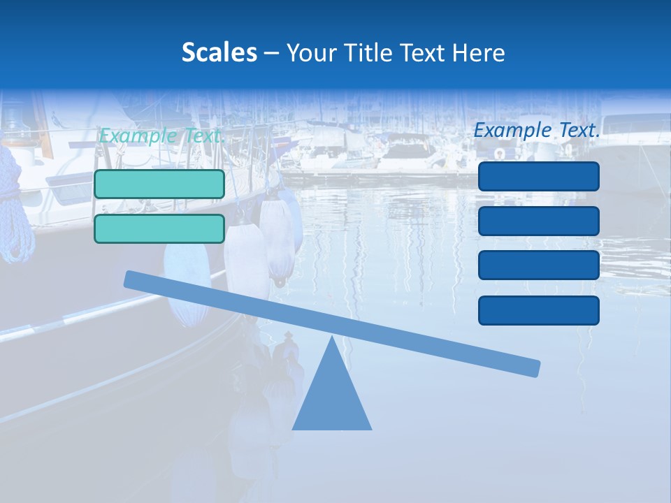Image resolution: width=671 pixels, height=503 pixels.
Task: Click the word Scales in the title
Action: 219,52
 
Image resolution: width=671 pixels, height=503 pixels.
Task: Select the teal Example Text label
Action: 160,136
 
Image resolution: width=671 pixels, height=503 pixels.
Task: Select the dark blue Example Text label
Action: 537,130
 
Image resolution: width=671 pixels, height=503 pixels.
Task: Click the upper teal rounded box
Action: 159,184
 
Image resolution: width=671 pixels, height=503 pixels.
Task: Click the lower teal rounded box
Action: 159,228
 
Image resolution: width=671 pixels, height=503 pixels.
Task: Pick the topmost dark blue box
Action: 538,176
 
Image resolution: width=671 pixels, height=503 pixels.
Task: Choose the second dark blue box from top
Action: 538,221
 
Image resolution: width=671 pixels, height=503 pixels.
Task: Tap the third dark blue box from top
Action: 538,265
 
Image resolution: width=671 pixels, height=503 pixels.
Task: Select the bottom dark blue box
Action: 538,310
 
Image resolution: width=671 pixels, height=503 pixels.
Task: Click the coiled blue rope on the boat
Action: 16,210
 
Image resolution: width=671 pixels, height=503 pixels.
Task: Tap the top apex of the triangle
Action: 332,339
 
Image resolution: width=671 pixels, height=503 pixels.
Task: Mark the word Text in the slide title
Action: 421,52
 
